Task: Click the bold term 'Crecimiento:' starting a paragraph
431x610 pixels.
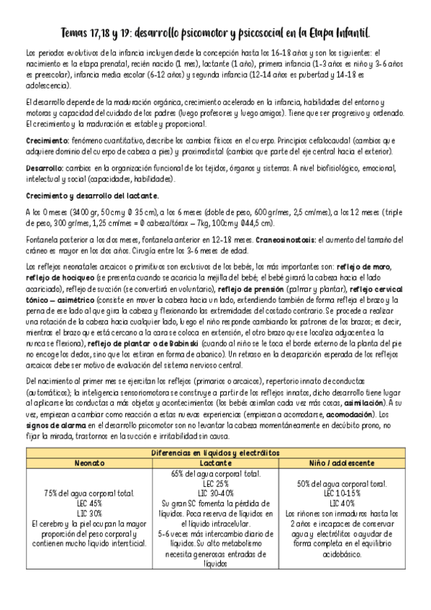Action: pos(47,140)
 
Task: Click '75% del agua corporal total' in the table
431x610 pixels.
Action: pos(91,493)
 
